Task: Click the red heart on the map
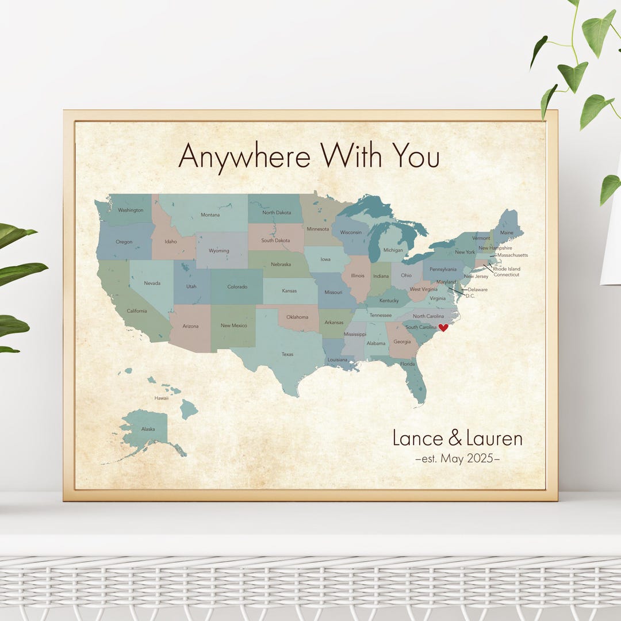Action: click(443, 328)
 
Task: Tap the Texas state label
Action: click(287, 354)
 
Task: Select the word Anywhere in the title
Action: click(244, 156)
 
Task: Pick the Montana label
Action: click(210, 215)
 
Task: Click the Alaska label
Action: click(148, 429)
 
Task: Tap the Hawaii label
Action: click(161, 398)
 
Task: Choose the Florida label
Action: click(407, 364)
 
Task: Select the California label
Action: click(137, 311)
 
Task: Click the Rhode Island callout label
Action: click(507, 269)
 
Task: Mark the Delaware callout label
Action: click(477, 289)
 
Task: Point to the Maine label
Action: click(507, 233)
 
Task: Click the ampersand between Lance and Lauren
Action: click(454, 439)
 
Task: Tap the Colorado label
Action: click(237, 287)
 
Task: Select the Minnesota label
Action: click(318, 229)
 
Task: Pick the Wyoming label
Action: click(218, 251)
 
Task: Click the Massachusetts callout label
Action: click(512, 255)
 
